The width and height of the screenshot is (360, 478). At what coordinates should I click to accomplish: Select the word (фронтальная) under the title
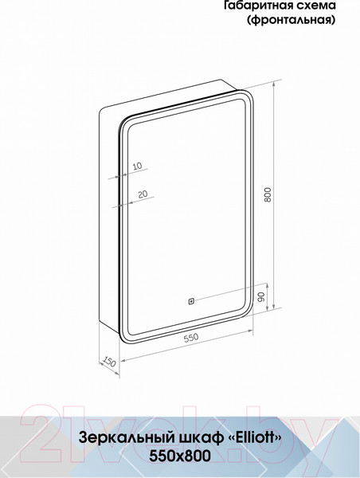click(x=288, y=20)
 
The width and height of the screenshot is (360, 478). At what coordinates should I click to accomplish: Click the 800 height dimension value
click(x=268, y=194)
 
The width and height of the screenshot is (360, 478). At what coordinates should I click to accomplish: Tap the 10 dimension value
click(x=137, y=167)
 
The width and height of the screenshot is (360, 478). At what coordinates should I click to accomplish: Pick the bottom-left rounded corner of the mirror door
click(x=124, y=339)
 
